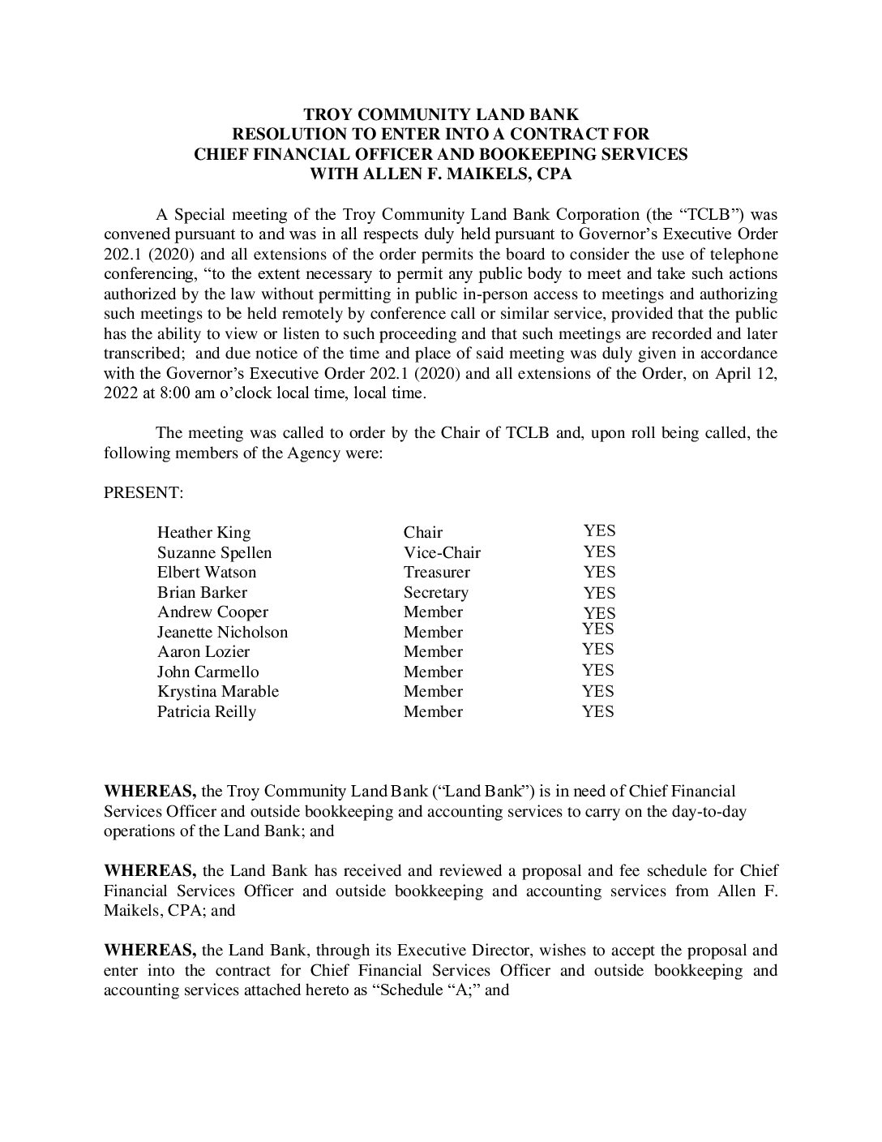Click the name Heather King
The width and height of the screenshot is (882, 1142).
203,533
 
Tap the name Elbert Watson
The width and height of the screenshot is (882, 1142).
206,573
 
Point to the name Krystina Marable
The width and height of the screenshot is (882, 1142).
217,692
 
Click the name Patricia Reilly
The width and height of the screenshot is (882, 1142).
206,712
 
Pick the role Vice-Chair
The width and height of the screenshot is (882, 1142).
442,553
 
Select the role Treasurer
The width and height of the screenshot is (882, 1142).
437,573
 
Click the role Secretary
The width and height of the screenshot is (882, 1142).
435,593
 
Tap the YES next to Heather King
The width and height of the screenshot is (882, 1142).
599,531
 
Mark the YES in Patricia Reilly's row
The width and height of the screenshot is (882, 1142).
598,712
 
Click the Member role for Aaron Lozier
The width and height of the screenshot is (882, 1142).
433,652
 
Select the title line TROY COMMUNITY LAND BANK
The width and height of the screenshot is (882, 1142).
440,114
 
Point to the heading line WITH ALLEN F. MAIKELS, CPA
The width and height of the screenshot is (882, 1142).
440,173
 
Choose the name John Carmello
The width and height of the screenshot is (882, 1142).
208,672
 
